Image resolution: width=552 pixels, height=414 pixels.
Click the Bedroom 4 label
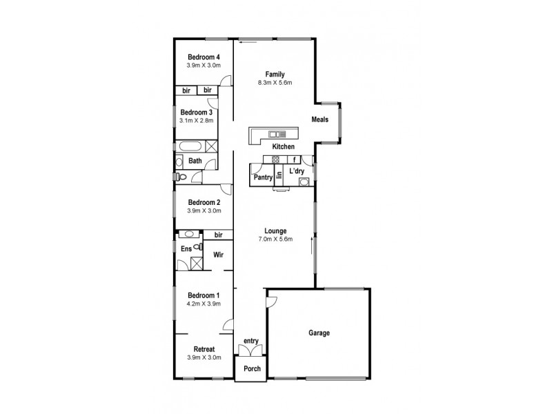click(203, 57)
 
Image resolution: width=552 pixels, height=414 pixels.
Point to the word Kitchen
click(284, 147)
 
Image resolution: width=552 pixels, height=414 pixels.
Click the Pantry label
click(263, 177)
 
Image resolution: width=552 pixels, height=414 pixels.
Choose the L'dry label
click(297, 170)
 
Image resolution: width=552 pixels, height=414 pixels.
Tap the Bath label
click(195, 161)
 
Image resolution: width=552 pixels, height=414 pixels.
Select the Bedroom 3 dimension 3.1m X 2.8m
click(197, 121)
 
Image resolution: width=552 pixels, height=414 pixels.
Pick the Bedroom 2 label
click(203, 202)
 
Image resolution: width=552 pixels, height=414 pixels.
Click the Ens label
click(186, 249)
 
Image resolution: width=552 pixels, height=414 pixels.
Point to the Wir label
click(218, 255)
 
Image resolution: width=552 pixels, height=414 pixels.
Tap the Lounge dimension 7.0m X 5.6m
click(275, 239)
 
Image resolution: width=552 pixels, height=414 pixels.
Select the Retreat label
click(204, 349)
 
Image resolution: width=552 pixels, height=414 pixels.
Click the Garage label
click(319, 333)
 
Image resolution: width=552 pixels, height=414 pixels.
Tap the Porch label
click(252, 368)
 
